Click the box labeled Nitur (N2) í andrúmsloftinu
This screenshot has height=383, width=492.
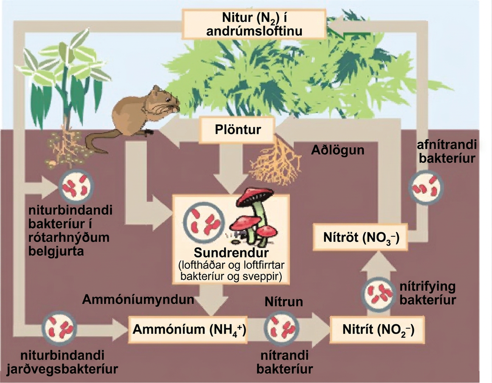(x=254, y=24)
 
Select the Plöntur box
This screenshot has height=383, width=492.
(x=238, y=130)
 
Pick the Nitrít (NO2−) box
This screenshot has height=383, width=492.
(x=378, y=329)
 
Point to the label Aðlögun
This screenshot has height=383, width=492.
(x=338, y=150)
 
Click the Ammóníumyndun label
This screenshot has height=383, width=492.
(x=138, y=300)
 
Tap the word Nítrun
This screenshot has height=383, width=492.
(x=284, y=302)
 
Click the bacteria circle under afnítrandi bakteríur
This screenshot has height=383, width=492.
(x=426, y=187)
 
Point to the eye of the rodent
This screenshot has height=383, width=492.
(x=167, y=99)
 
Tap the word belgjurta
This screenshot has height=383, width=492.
(x=56, y=251)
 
